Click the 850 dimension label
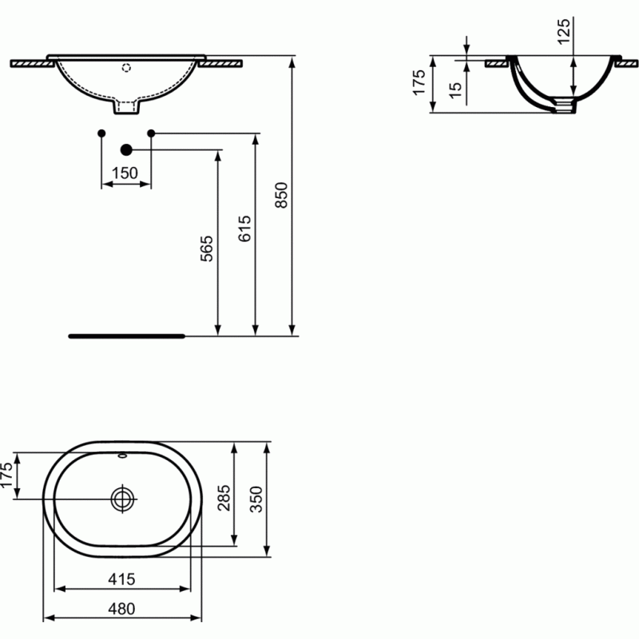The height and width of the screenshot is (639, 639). tap(280, 195)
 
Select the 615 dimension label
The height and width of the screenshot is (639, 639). tap(244, 229)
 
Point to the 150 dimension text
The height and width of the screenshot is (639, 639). tap(125, 173)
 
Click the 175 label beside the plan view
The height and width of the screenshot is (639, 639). tap(9, 476)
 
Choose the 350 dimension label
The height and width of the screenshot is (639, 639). tap(256, 500)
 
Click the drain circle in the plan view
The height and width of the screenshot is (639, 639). tap(123, 500)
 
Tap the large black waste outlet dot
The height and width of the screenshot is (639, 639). tap(125, 149)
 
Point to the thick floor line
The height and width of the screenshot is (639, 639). tap(127, 336)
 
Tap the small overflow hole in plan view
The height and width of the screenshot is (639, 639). tap(123, 458)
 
